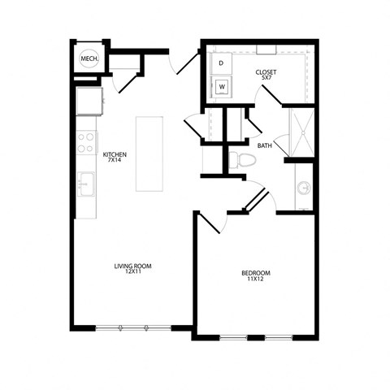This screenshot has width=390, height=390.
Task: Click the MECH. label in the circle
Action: click(x=89, y=59)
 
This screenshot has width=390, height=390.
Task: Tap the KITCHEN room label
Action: click(x=115, y=154)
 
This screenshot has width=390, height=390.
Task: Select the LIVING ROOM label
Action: click(x=132, y=266)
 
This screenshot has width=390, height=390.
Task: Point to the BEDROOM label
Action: click(x=256, y=272)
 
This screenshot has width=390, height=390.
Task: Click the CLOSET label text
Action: click(x=266, y=72)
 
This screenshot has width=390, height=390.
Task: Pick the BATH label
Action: click(x=265, y=146)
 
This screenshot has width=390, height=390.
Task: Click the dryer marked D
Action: click(x=221, y=63)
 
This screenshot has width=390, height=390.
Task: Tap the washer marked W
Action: click(x=221, y=84)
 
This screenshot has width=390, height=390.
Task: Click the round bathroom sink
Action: click(x=304, y=188)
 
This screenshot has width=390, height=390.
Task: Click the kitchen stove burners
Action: click(x=85, y=144)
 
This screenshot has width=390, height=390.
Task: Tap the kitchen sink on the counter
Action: click(x=85, y=184)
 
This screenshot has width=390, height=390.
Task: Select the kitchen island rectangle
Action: click(x=149, y=154)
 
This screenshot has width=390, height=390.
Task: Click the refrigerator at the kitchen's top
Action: click(x=89, y=102)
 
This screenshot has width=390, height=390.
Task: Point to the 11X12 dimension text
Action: click(x=256, y=279)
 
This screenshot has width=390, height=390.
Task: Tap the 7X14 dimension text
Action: click(x=115, y=161)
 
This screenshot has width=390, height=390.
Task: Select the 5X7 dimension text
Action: click(x=266, y=80)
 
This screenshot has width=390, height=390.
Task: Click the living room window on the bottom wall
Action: click(x=132, y=327)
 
